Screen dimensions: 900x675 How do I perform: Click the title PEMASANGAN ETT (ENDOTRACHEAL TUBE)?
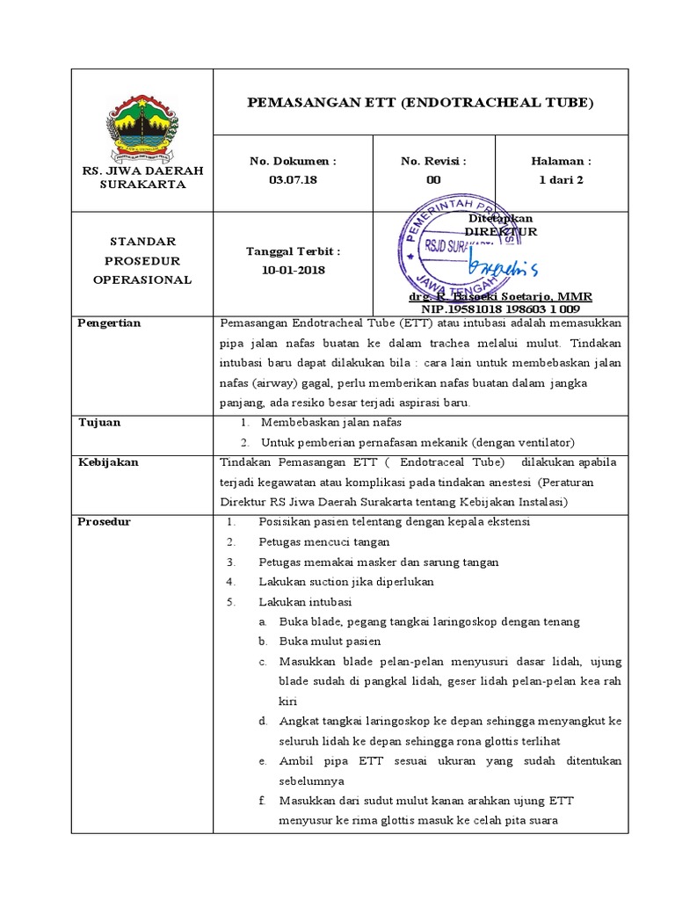[x=421, y=103]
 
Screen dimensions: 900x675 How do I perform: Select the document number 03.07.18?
[x=293, y=179]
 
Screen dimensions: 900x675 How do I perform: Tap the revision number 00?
[x=433, y=179]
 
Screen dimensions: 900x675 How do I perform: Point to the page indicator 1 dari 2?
[x=561, y=179]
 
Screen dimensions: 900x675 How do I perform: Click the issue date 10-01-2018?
[x=293, y=270]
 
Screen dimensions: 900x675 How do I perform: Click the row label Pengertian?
[x=110, y=323]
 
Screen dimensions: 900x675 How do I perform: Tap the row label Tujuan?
[x=99, y=423]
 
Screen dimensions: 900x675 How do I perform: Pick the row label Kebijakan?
[x=108, y=462]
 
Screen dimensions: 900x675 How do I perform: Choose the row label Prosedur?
[x=105, y=522]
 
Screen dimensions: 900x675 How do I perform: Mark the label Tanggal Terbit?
[x=293, y=251]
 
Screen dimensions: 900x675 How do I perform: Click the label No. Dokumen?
[x=293, y=162]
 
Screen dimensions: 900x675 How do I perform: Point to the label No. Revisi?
[x=433, y=162]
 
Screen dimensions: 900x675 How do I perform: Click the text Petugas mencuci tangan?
[x=324, y=542]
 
